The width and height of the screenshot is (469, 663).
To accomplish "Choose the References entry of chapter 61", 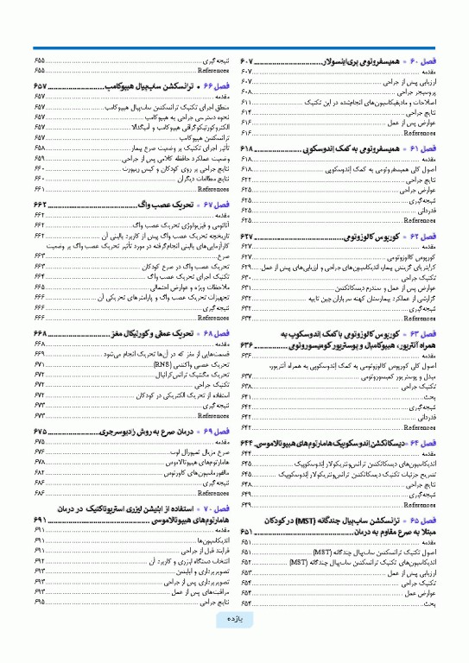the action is click(x=420, y=219).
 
